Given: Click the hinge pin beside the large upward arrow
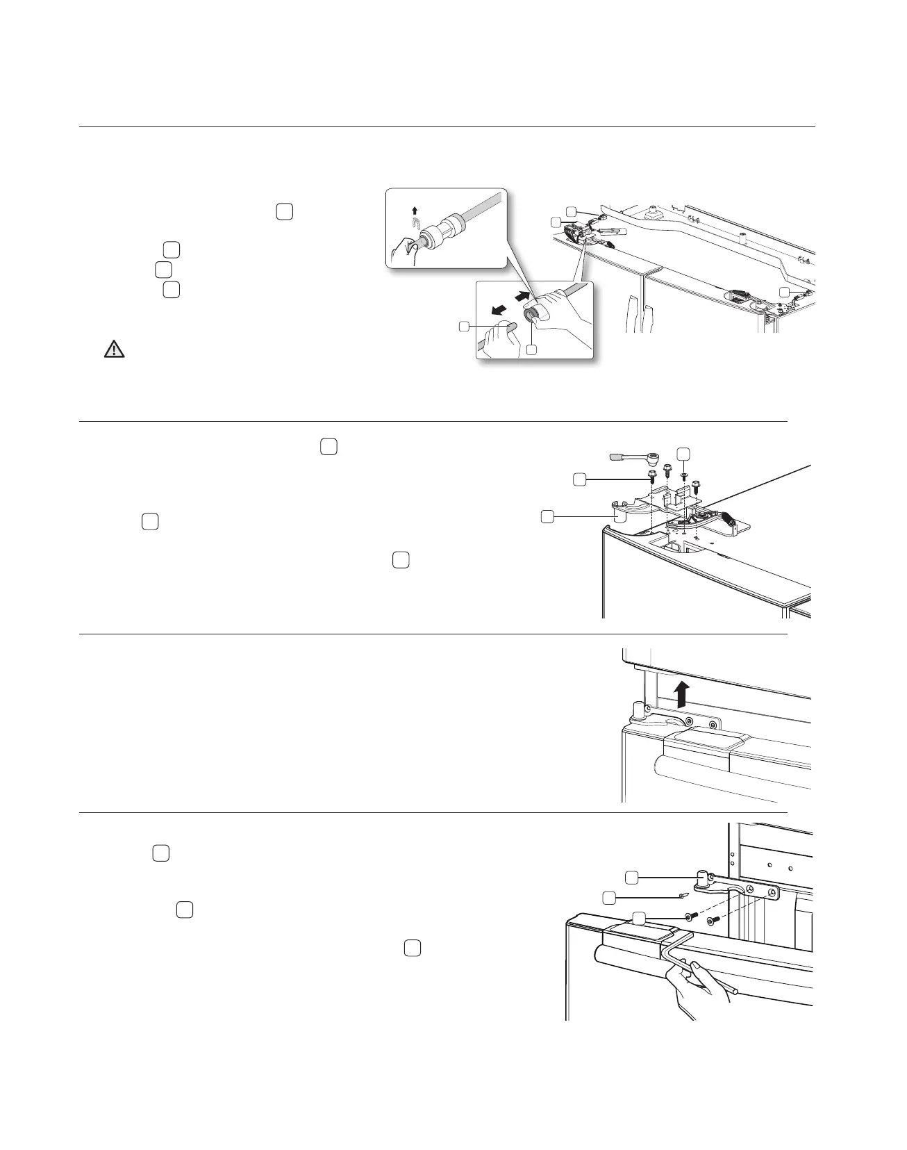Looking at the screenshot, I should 636,711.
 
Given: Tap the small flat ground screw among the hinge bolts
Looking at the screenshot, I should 683,477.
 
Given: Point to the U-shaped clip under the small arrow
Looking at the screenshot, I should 415,223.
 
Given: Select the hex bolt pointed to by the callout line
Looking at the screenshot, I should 653,477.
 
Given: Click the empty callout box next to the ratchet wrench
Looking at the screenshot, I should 684,452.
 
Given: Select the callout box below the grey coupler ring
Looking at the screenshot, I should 532,350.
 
